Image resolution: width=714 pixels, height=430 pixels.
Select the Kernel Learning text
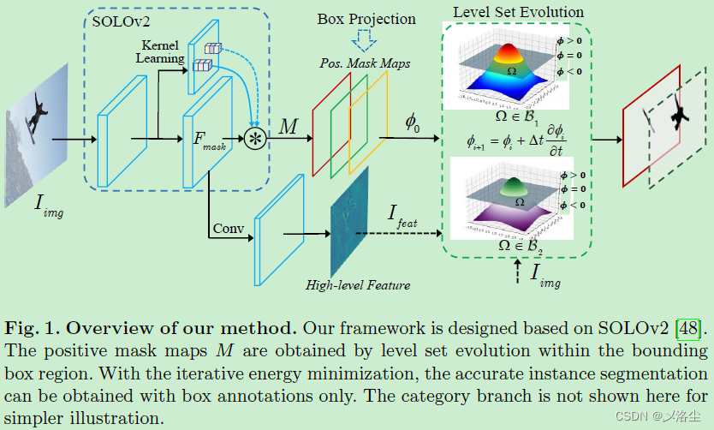tap(160, 52)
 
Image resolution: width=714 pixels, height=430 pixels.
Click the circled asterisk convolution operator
tap(254, 138)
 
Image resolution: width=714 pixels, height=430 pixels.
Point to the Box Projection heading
tap(366, 18)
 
